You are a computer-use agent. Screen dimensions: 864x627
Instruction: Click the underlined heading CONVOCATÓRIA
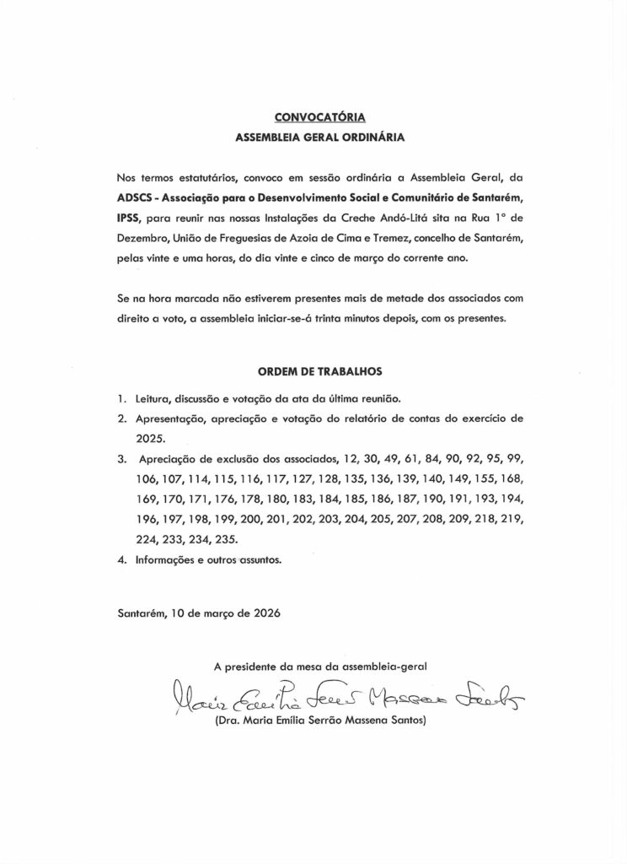pyautogui.click(x=313, y=117)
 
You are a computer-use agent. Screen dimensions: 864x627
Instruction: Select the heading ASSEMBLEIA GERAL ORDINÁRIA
pyautogui.click(x=313, y=136)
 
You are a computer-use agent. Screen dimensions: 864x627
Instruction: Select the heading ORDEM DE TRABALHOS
pyautogui.click(x=313, y=371)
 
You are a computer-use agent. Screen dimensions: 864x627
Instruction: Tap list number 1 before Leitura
pyautogui.click(x=121, y=398)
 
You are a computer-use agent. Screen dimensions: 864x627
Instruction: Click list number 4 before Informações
pyautogui.click(x=121, y=559)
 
